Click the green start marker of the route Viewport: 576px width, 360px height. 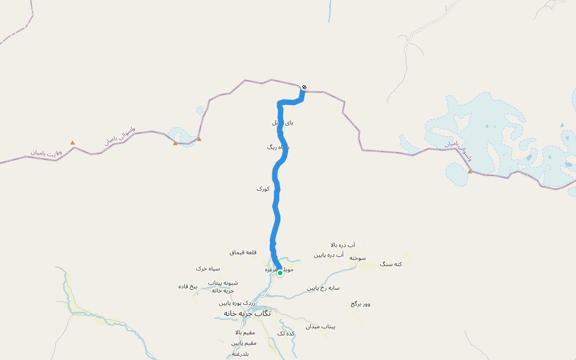280,273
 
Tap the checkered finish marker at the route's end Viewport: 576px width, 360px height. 304,88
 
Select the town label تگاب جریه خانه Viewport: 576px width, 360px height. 247,313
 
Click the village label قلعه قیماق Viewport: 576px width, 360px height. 243,253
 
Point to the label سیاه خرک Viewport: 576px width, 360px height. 208,268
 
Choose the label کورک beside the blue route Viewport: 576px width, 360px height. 263,188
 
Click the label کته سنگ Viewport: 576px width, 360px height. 391,264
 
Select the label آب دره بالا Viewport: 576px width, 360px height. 343,245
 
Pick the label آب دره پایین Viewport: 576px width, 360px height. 328,255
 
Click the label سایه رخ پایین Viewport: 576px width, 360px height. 323,288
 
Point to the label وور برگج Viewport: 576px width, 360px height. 361,304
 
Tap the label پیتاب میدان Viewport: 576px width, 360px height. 320,327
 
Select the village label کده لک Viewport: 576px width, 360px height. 286,334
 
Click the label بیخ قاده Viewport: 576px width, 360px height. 188,286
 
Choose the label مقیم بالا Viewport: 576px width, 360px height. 245,332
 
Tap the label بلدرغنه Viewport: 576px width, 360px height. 240,354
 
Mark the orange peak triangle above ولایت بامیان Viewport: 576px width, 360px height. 73,142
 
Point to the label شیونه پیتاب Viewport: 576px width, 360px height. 223,283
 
